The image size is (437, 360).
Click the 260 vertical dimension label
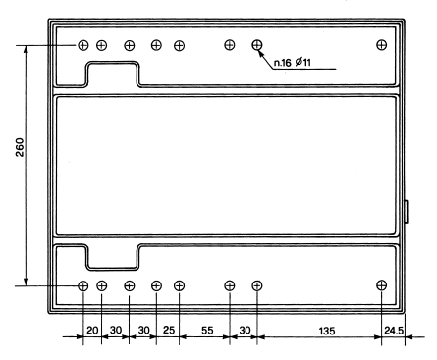[x=20, y=147]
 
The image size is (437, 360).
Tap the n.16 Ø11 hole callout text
[x=292, y=62]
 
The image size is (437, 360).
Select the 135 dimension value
[x=327, y=331]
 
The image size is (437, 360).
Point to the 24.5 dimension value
[x=394, y=331]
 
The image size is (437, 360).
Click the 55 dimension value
[x=207, y=331]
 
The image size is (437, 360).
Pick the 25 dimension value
[x=169, y=330]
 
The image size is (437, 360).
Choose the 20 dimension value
[x=92, y=330]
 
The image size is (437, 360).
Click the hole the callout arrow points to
[x=257, y=44]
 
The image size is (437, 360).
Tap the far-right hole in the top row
[x=381, y=44]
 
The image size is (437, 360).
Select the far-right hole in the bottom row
[x=381, y=285]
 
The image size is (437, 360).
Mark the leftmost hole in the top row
[x=83, y=45]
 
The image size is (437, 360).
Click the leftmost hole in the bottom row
[x=83, y=286]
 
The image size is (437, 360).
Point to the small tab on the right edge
[x=407, y=212]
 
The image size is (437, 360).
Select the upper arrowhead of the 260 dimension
[x=27, y=49]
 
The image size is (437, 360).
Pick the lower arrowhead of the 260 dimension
[x=27, y=282]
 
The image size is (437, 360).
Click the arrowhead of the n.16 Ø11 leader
[x=261, y=52]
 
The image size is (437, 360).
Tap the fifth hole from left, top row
[x=179, y=45]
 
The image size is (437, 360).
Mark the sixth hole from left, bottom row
[x=230, y=285]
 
